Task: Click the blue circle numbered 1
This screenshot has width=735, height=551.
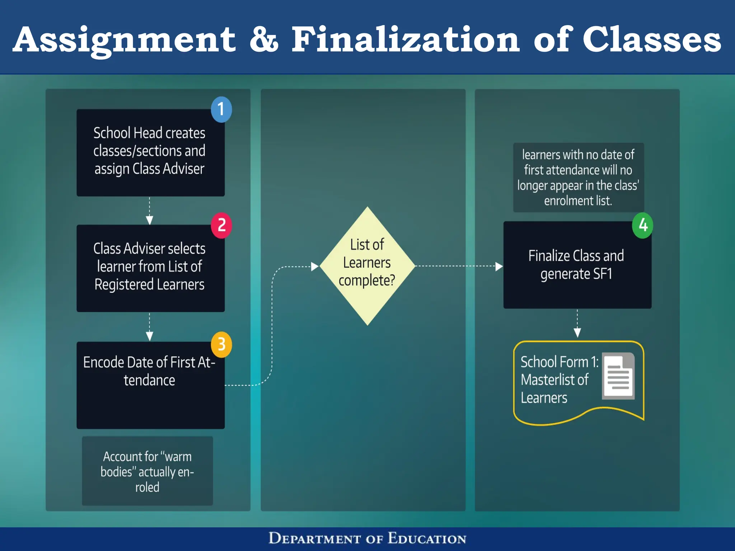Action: pyautogui.click(x=221, y=109)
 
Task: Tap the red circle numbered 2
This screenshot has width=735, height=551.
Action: pyautogui.click(x=221, y=225)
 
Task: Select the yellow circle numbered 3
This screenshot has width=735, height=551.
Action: pyautogui.click(x=221, y=344)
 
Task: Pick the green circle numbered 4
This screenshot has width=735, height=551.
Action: pyautogui.click(x=642, y=225)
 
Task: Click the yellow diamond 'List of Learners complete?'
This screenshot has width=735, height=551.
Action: pyautogui.click(x=367, y=266)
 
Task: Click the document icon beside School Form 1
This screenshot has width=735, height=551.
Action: pyautogui.click(x=618, y=376)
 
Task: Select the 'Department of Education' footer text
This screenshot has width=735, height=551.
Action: pyautogui.click(x=367, y=538)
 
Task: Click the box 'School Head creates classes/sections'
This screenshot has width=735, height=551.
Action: pyautogui.click(x=150, y=152)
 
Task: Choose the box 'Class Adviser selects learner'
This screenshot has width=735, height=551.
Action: pyautogui.click(x=150, y=268)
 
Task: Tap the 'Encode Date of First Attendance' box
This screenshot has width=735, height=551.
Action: pyautogui.click(x=150, y=385)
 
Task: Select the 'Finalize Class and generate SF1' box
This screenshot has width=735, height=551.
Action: pyautogui.click(x=577, y=265)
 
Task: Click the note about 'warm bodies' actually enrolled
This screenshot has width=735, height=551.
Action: pyautogui.click(x=147, y=471)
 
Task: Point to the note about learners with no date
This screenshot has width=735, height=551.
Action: pyautogui.click(x=578, y=178)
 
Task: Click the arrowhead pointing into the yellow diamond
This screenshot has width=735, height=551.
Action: pyautogui.click(x=315, y=267)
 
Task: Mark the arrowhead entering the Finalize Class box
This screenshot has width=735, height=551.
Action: pyautogui.click(x=499, y=267)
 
